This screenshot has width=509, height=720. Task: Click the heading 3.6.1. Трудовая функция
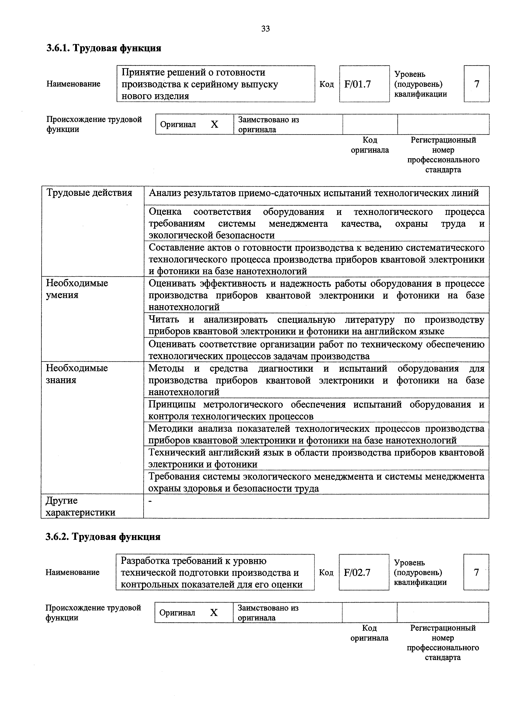pyautogui.click(x=104, y=48)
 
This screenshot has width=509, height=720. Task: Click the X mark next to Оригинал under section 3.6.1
pyautogui.click(x=214, y=125)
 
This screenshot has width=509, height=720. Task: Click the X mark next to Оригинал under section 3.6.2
pyautogui.click(x=214, y=612)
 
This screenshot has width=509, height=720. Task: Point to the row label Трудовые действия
pyautogui.click(x=89, y=193)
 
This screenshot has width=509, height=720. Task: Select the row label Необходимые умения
pyautogui.click(x=77, y=289)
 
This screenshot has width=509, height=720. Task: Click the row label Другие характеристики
pyautogui.click(x=80, y=506)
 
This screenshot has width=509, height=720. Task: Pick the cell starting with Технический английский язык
pyautogui.click(x=316, y=458)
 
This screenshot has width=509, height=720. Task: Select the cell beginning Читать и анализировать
pyautogui.click(x=316, y=325)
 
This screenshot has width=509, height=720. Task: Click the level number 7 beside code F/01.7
pyautogui.click(x=476, y=84)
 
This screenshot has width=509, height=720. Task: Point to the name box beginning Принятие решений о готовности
pyautogui.click(x=216, y=84)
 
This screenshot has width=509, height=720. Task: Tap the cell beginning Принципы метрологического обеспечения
pyautogui.click(x=316, y=410)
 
